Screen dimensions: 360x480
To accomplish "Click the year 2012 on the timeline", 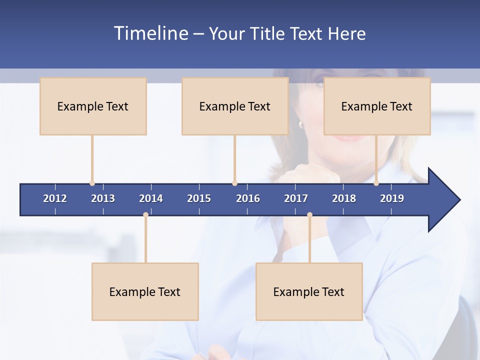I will (55, 198).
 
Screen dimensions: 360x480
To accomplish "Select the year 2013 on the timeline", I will (103, 198).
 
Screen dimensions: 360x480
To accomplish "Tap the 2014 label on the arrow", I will (151, 198).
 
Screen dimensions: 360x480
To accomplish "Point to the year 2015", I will (199, 198).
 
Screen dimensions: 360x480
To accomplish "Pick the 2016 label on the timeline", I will (248, 198).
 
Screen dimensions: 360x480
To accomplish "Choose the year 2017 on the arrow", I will (296, 198).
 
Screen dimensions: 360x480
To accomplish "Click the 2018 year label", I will (344, 198).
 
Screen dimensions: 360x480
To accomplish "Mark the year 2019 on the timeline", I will (392, 198).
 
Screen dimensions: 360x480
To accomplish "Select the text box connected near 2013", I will (93, 106).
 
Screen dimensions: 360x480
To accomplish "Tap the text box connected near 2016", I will (235, 106).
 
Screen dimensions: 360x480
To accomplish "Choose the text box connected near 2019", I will (377, 106).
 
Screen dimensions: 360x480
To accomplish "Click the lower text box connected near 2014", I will (145, 291).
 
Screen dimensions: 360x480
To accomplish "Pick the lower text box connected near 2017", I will (309, 291).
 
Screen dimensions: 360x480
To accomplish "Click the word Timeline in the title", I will (149, 33).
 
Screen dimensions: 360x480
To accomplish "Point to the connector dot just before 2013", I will (92, 183).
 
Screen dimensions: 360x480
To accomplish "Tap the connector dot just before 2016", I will (234, 183).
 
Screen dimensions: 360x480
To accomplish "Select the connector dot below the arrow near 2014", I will (145, 215).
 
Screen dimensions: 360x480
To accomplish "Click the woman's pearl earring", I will (301, 124).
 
